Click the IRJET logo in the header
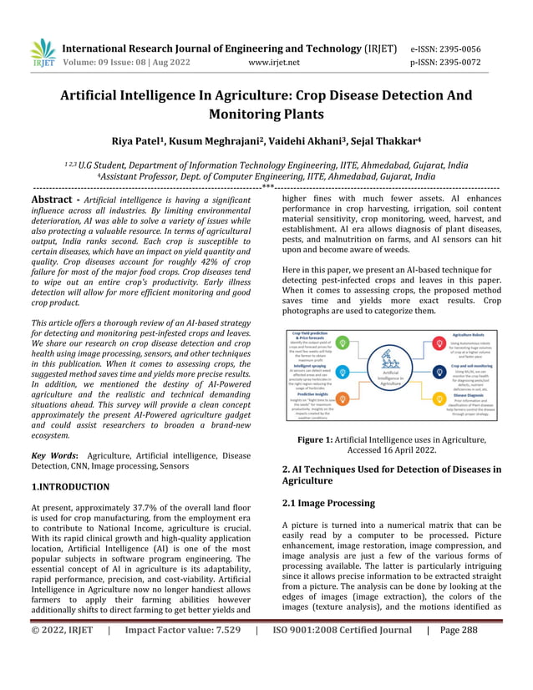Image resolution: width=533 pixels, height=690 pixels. pos(41,53)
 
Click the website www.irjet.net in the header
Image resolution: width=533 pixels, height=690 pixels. pos(280,62)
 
